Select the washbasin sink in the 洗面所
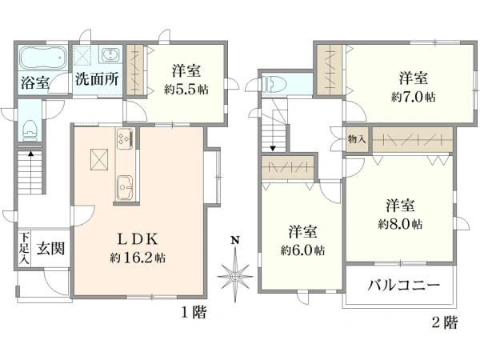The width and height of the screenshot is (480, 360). click(x=109, y=55)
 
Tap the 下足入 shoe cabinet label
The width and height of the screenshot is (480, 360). click(x=24, y=248)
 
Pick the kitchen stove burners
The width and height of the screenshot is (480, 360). click(x=125, y=138)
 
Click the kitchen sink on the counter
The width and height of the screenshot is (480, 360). click(x=126, y=189)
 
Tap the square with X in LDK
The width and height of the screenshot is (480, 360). click(x=99, y=159)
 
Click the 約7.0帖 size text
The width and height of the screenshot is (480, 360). click(x=413, y=97)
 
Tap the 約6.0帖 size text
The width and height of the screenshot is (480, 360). click(x=302, y=250)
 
